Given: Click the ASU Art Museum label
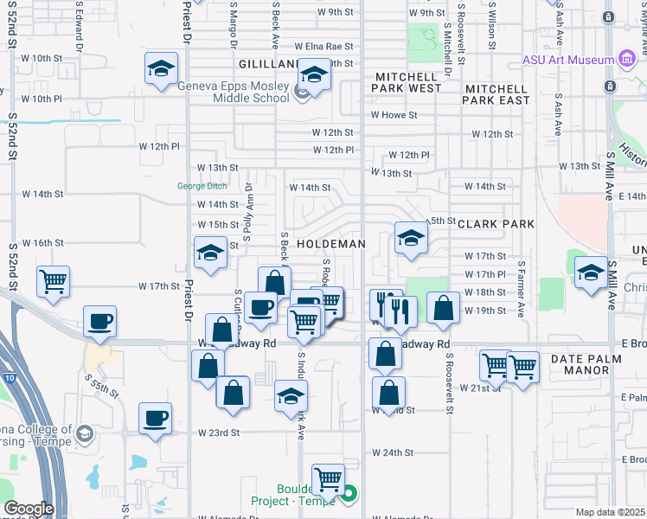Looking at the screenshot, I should tap(566, 60).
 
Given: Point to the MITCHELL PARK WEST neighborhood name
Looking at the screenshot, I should tap(408, 82).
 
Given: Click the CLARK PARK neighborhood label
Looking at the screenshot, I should tap(495, 224).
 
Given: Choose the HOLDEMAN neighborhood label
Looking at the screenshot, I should tap(330, 244).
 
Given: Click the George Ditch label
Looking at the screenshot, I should tap(202, 185).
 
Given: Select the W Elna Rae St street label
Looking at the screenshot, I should tap(324, 46).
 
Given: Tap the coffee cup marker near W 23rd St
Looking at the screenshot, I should tap(157, 419).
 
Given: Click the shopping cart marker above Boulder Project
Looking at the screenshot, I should tap(328, 479).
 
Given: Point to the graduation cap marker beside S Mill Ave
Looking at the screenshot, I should tap(591, 272).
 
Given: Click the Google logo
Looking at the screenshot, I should tap(29, 509).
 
